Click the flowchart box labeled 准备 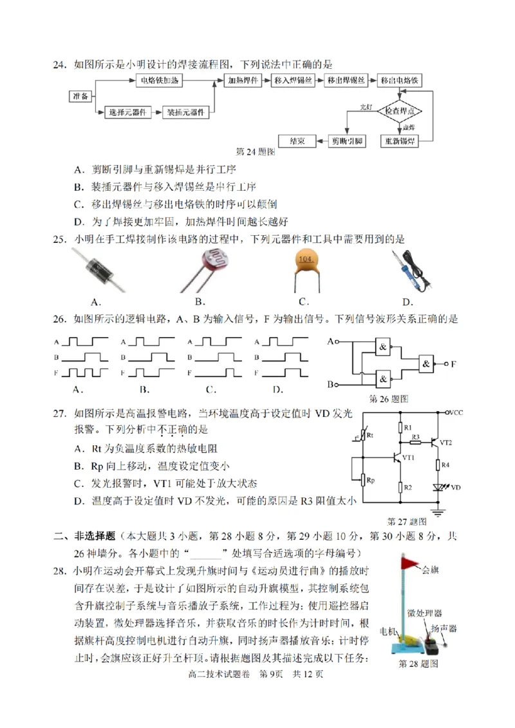click(80, 96)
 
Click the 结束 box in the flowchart click(297, 140)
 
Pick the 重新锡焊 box click(399, 140)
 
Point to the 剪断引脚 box click(347, 140)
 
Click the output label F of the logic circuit click(454, 364)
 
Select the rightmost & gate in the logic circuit click(427, 364)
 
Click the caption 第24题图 click(256, 152)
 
